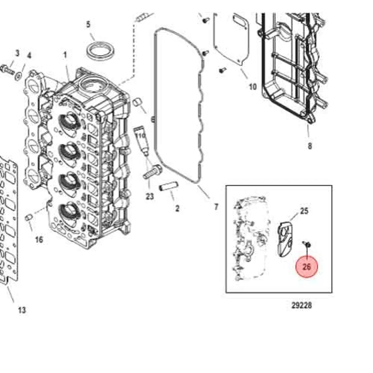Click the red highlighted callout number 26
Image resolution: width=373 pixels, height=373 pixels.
(306, 267)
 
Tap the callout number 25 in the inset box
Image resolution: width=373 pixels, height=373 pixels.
(304, 211)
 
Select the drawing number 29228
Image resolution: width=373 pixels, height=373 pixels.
(302, 305)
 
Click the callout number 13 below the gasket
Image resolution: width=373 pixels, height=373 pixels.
(22, 310)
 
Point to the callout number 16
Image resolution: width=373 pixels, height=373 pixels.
(39, 240)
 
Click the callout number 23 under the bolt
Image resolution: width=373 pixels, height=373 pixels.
(150, 197)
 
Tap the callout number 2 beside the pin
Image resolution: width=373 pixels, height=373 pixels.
(177, 208)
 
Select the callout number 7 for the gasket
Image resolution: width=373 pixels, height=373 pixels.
(216, 206)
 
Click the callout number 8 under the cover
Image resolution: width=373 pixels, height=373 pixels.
(310, 145)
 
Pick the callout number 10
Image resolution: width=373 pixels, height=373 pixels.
(253, 87)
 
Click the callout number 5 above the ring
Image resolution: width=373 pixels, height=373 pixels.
(88, 24)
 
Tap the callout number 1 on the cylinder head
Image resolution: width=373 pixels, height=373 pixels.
(65, 55)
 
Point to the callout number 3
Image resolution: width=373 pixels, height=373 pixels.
(17, 53)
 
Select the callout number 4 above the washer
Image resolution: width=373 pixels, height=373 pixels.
(29, 56)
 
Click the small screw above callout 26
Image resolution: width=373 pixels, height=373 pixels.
(306, 245)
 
